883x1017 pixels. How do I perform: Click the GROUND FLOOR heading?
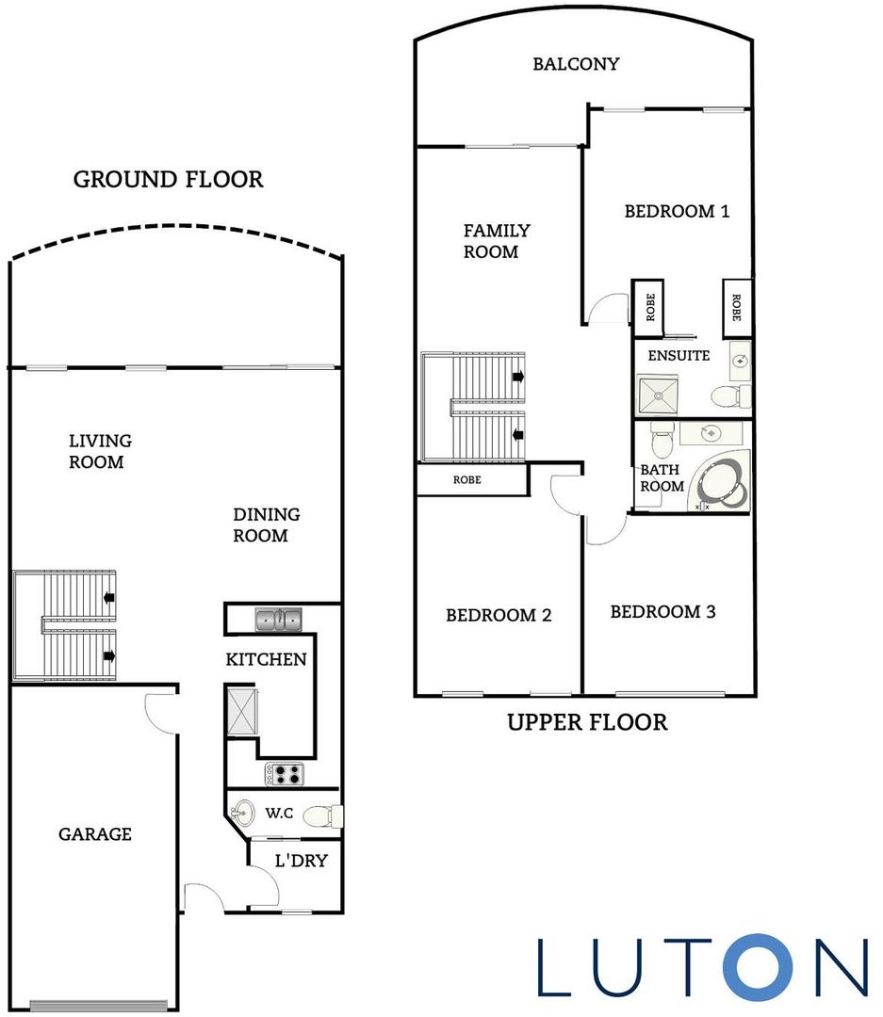point(168,179)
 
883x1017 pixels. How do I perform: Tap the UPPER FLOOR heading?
point(587,722)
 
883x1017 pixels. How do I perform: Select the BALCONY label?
point(576,64)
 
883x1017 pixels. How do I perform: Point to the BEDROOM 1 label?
point(677,211)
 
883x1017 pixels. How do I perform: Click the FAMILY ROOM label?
point(497,241)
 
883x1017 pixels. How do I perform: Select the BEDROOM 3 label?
point(662,612)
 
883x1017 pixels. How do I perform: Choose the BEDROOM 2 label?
point(499,615)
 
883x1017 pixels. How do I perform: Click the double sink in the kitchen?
point(278,620)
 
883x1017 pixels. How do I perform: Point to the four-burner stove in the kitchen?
point(283,774)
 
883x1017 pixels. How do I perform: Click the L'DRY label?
point(301,860)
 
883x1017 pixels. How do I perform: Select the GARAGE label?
point(95,834)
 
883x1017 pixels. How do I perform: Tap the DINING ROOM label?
point(267,525)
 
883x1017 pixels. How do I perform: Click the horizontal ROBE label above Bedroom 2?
point(466,480)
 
